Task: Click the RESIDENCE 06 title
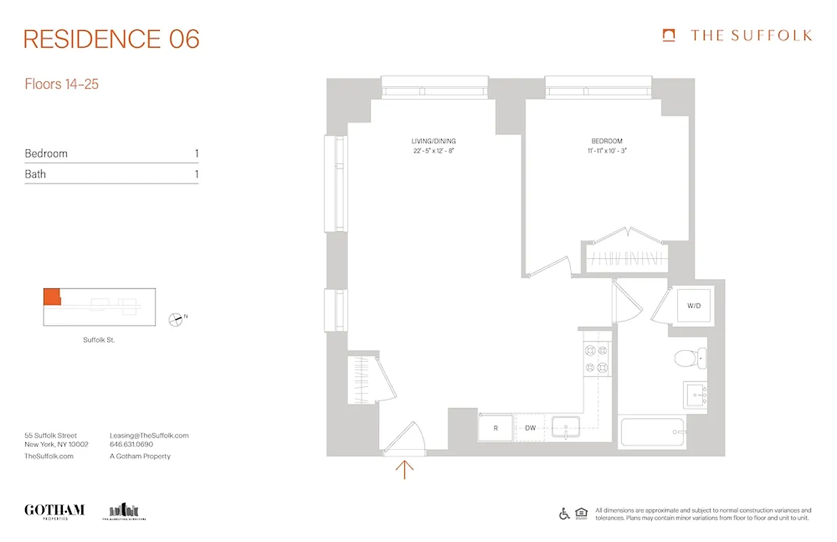tap(112, 39)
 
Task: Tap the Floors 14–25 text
tap(62, 85)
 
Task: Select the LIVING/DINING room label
tap(433, 141)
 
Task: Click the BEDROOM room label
tap(606, 141)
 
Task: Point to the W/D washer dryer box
tap(693, 306)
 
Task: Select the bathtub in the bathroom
tap(652, 432)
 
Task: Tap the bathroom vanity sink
tap(696, 394)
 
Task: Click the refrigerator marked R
tap(496, 428)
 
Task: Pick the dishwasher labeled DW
tap(530, 428)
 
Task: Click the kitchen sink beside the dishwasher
tap(565, 428)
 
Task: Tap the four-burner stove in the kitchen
tap(596, 358)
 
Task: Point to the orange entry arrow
tap(404, 469)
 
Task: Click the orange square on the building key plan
tap(51, 297)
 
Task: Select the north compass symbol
tap(176, 318)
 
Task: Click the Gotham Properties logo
tap(54, 511)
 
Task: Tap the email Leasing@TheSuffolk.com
tap(149, 436)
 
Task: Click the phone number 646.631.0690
tap(131, 445)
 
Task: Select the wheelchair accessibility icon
tap(564, 514)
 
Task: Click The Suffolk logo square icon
tap(669, 35)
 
